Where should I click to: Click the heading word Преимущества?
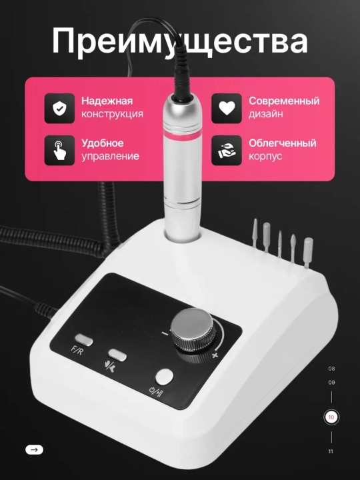[180, 41]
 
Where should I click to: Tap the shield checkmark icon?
[59, 109]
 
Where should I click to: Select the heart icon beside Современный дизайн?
[227, 109]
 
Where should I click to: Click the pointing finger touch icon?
[59, 150]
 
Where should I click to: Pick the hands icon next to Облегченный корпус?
[227, 150]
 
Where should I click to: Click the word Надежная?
[107, 101]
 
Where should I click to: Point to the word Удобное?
[103, 143]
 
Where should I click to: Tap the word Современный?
[284, 101]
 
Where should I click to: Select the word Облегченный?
[282, 143]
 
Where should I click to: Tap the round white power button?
[164, 377]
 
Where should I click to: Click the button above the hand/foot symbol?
[117, 355]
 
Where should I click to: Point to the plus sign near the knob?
[215, 355]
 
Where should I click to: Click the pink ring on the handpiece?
[183, 135]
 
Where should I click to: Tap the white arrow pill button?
[34, 450]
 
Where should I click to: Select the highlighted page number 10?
[331, 417]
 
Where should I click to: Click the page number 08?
[331, 369]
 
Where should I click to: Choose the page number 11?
[331, 451]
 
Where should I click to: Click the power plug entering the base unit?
[46, 309]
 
